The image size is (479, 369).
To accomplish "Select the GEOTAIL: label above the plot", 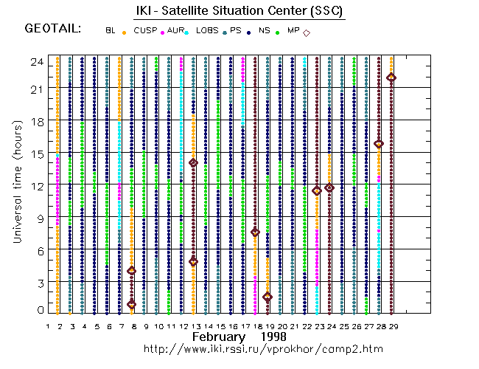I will [52, 30].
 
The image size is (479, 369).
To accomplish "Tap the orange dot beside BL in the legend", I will [124, 32].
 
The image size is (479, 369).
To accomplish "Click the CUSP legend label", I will [144, 31].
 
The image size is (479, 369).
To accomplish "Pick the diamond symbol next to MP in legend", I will [307, 32].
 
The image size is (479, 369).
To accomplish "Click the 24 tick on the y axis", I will [35, 62].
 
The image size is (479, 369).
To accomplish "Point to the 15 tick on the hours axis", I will [35, 154].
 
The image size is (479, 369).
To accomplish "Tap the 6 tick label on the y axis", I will [38, 250].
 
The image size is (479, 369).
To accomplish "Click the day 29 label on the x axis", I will [394, 325].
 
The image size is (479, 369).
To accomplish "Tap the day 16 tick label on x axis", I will [232, 325].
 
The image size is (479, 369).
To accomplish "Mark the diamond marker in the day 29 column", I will [391, 77].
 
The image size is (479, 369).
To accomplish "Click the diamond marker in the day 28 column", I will [379, 144].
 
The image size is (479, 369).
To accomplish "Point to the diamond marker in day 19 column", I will [268, 297].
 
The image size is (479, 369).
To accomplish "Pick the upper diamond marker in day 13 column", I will [193, 162].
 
